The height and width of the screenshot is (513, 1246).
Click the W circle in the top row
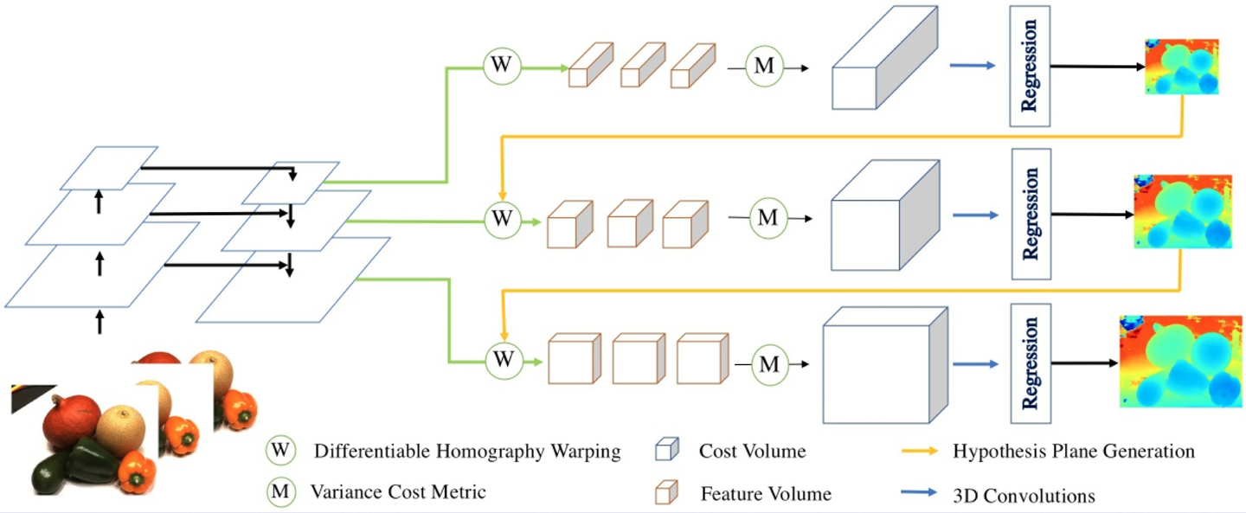[x=501, y=66]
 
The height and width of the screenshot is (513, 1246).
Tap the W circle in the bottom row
[x=503, y=359]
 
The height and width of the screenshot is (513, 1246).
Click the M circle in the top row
[x=764, y=67]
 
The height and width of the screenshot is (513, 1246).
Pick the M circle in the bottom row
[x=768, y=364]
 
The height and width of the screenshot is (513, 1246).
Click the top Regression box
[x=1030, y=65]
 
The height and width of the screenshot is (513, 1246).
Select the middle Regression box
[x=1031, y=214]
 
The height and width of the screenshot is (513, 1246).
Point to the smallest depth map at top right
[x=1182, y=67]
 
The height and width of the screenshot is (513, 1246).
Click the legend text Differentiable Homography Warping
[x=467, y=452]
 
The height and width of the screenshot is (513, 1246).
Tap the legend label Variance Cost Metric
[x=398, y=492]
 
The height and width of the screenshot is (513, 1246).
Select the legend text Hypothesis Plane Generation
[x=1073, y=452]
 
